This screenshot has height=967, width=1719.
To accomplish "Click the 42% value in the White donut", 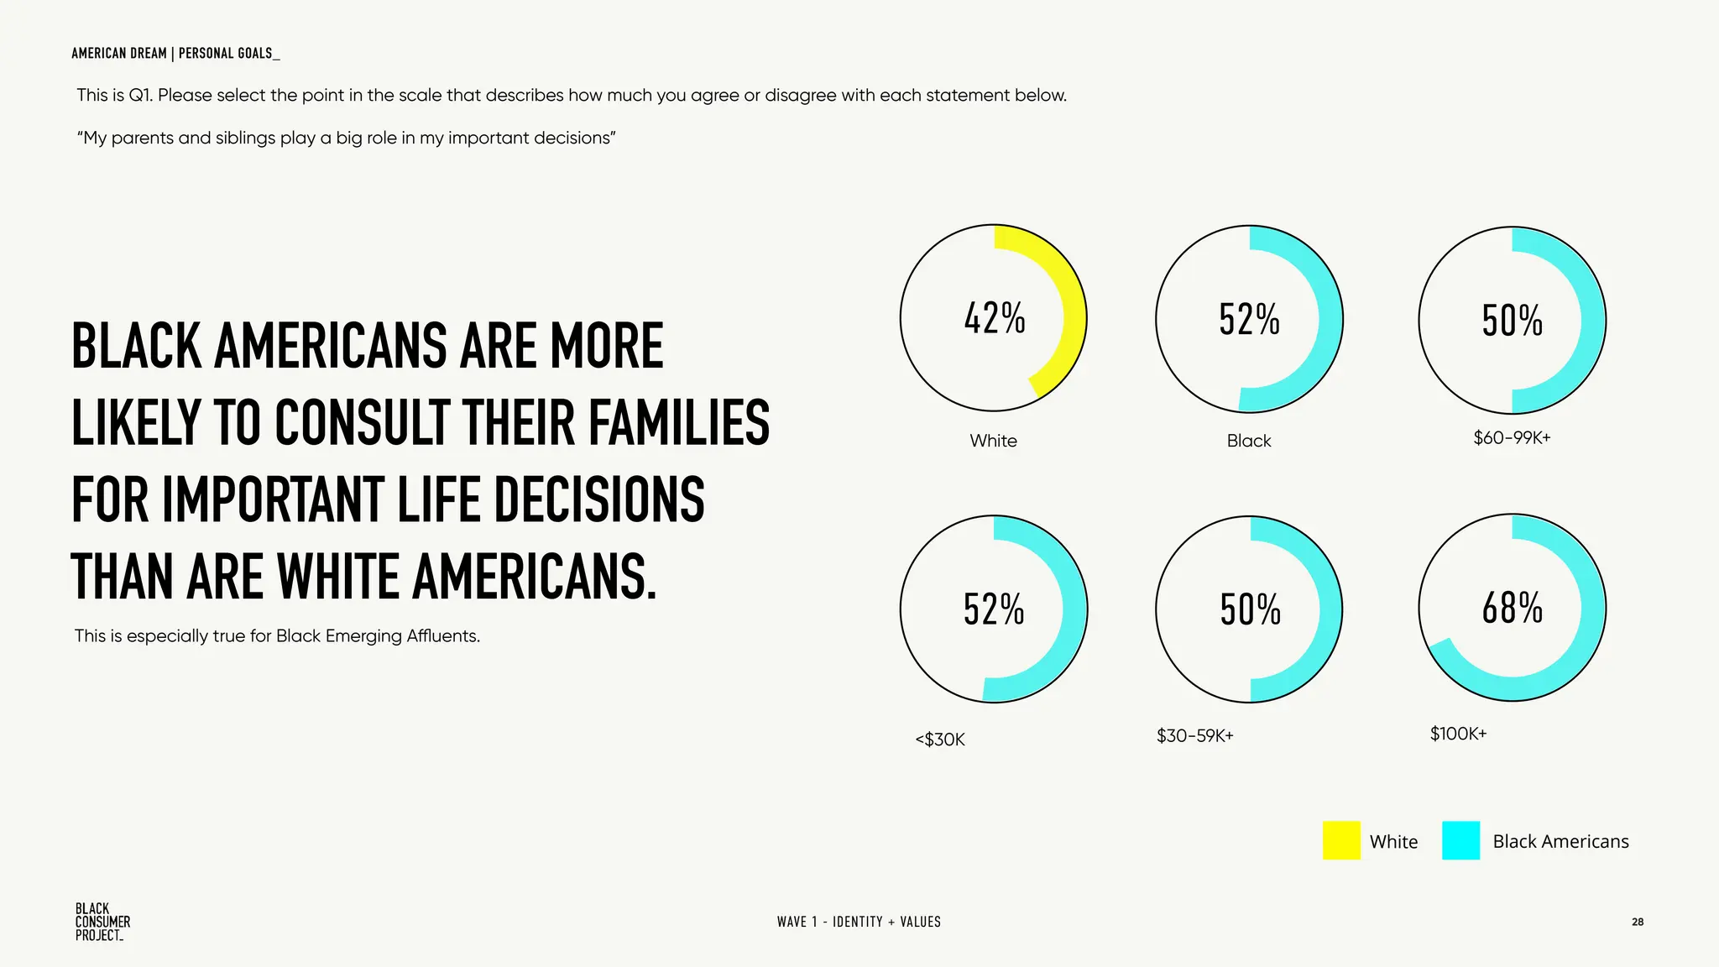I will pyautogui.click(x=995, y=319).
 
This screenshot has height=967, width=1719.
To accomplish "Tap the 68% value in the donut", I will pyautogui.click(x=1512, y=608).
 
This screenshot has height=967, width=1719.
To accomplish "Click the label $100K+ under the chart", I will pyautogui.click(x=1458, y=734).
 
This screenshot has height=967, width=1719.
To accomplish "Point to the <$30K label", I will pyautogui.click(x=940, y=740).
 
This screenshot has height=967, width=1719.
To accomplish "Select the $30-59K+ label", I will pyautogui.click(x=1194, y=736).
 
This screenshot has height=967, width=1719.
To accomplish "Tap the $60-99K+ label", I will pyautogui.click(x=1512, y=437).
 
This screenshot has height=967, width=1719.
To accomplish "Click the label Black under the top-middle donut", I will pyautogui.click(x=1248, y=441).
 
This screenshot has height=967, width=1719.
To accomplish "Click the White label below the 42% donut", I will pyautogui.click(x=993, y=441).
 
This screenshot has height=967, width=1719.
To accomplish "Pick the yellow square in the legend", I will pyautogui.click(x=1340, y=840).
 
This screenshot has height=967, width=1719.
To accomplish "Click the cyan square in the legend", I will pyautogui.click(x=1460, y=840).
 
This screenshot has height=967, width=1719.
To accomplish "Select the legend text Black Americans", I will pyautogui.click(x=1560, y=841).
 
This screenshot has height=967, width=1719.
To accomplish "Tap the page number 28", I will pyautogui.click(x=1637, y=922).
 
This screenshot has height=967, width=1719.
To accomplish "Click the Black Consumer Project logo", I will pyautogui.click(x=102, y=922).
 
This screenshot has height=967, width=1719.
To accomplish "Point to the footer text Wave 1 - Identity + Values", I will pyautogui.click(x=859, y=922).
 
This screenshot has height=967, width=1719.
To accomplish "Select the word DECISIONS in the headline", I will pyautogui.click(x=598, y=499).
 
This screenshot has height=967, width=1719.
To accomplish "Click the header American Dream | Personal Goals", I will pyautogui.click(x=175, y=53).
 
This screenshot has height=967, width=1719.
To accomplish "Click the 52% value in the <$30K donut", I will pyautogui.click(x=994, y=609).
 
